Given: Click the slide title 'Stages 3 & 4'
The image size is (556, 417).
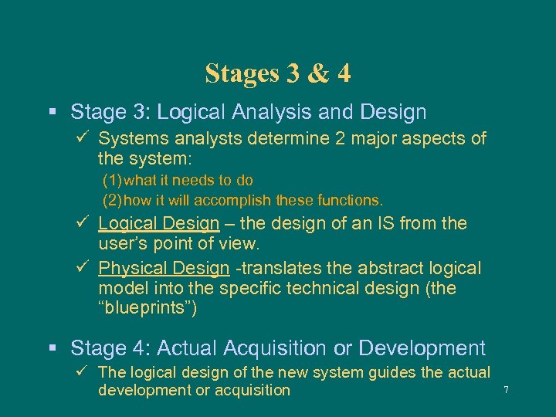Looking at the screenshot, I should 278,73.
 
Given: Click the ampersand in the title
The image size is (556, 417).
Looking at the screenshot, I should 317,73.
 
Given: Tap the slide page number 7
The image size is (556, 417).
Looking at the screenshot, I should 506,390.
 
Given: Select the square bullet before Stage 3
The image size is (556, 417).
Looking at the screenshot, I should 53,113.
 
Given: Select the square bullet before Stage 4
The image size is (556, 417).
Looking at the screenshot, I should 53,349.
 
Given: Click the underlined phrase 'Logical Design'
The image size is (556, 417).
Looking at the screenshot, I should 159,224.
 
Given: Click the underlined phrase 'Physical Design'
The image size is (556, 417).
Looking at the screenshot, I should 164,269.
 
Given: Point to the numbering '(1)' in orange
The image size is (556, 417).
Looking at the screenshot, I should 113,181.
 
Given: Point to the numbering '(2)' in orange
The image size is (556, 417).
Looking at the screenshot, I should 113,201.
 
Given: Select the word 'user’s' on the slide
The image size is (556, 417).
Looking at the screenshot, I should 124,244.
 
